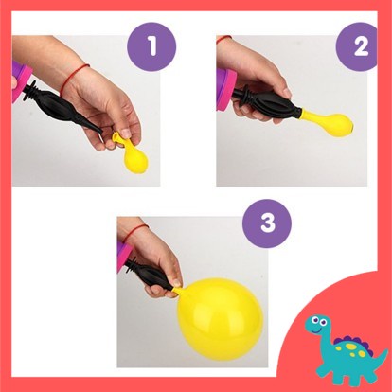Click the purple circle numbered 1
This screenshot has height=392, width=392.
(151, 46)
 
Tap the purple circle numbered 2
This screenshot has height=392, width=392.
(357, 46)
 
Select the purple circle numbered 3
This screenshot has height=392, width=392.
(267, 223)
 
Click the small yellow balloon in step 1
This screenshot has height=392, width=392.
(134, 154)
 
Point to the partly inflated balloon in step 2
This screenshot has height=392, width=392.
(327, 122)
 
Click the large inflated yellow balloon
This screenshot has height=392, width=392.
(220, 319)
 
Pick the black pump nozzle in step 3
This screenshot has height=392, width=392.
(149, 274)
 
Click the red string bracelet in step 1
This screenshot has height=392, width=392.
(73, 78)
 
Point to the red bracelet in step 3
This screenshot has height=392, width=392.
(135, 232)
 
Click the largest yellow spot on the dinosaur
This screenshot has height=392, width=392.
(350, 347)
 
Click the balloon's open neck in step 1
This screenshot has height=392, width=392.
(116, 137)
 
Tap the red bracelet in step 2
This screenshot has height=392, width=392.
(223, 39)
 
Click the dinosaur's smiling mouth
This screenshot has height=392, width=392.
(316, 330)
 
